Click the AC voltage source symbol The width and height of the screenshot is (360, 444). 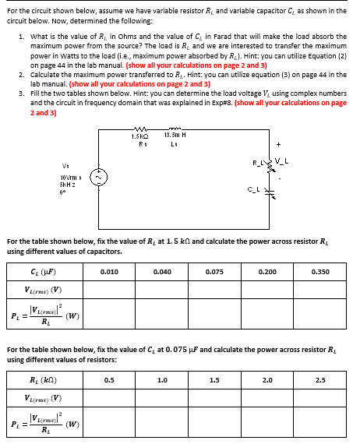pos(97,177)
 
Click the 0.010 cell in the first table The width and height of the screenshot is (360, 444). pos(109,272)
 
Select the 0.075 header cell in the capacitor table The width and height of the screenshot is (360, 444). pos(214,272)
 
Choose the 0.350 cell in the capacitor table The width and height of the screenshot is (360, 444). pos(320,272)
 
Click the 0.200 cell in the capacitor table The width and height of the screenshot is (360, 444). pos(266,272)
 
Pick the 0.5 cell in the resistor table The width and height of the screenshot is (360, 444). pos(109,380)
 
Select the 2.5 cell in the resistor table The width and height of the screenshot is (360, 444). pos(320,380)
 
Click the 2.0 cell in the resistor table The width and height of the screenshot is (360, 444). pos(266,380)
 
